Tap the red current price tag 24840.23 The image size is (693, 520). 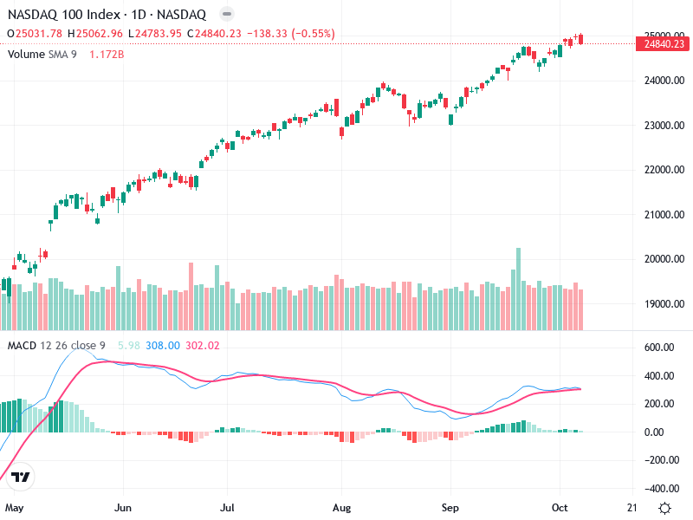(664, 43)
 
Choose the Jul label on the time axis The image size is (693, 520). (229, 507)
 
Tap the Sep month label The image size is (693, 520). (450, 507)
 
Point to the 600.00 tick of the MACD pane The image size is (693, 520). (660, 348)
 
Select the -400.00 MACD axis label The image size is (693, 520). (660, 488)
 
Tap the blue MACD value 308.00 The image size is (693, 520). (163, 345)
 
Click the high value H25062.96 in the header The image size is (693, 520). (95, 34)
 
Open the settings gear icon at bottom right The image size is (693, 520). (664, 508)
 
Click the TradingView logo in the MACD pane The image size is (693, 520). (22, 477)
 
